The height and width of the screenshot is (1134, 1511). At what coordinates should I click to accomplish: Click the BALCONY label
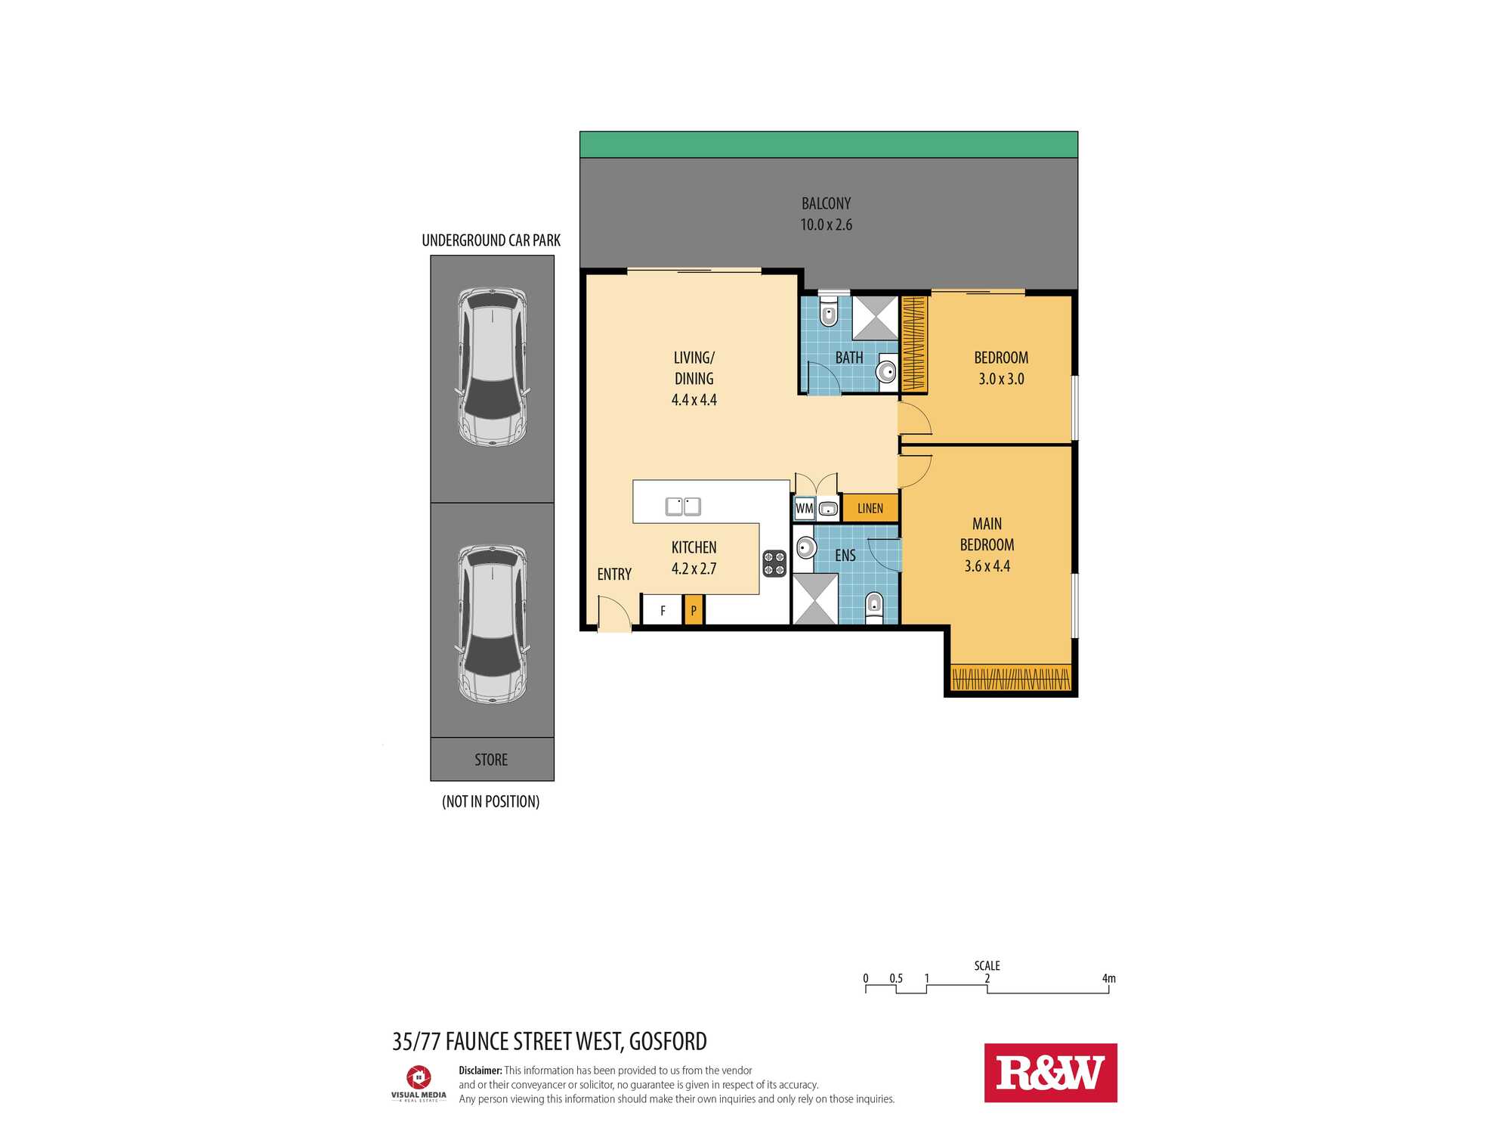coord(826,203)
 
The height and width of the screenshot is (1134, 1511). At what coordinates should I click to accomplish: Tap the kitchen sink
coord(683,506)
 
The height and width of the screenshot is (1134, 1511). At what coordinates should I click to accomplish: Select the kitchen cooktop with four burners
coord(774,563)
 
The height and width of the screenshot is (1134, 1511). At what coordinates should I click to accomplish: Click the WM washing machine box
coord(804,508)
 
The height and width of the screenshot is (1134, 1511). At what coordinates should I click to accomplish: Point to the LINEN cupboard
coord(870,508)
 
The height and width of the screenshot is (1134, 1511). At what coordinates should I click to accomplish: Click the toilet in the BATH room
coord(829,311)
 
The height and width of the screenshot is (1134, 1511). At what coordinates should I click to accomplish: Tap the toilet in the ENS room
coord(874,606)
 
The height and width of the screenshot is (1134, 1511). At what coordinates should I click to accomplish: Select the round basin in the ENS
coord(805,547)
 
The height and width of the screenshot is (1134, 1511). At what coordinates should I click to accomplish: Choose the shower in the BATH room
coord(875,318)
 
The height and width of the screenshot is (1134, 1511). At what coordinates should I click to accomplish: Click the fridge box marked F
coord(663,610)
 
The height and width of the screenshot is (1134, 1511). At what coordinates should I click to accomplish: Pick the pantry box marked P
coord(694,610)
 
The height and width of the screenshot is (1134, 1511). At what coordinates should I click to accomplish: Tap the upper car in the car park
coord(492,367)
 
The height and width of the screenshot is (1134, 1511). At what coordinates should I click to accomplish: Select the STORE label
coord(491,760)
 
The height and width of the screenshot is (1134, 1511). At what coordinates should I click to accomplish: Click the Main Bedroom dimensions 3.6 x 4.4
coord(987,565)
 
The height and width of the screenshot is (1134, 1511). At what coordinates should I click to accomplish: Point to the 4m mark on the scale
coord(1108,979)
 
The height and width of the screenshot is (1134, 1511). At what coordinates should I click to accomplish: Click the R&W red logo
coord(1050,1073)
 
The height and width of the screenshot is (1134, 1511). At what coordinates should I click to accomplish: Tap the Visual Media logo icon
coord(419,1077)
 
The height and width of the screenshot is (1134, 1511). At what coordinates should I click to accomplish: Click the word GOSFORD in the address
coord(668,1041)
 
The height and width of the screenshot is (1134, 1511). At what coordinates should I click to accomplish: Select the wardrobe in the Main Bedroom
coord(1011,677)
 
